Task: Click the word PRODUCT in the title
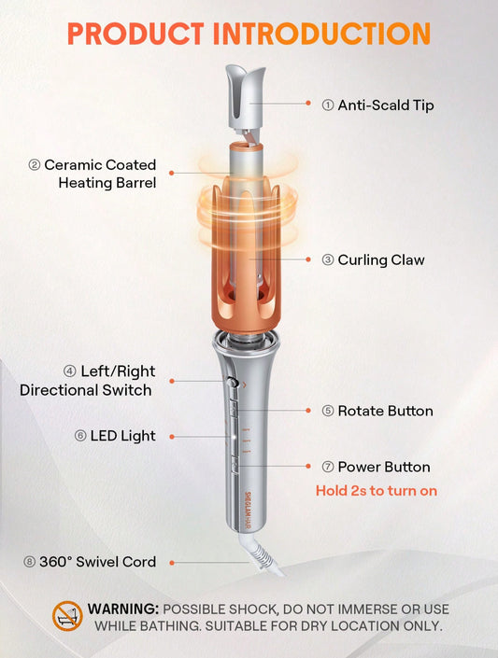click(x=135, y=34)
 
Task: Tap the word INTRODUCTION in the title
click(x=321, y=34)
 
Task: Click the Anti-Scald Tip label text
click(x=386, y=105)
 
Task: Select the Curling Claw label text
click(x=381, y=259)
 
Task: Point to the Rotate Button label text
click(x=385, y=411)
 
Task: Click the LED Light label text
click(x=122, y=436)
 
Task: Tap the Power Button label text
click(x=384, y=467)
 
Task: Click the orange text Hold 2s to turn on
click(x=377, y=491)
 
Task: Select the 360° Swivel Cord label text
click(x=97, y=562)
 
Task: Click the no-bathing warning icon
click(x=67, y=616)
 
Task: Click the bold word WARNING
click(x=122, y=609)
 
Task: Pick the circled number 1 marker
click(x=328, y=105)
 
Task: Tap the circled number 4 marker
click(x=70, y=371)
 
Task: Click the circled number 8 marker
click(x=29, y=562)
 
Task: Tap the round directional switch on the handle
click(x=231, y=382)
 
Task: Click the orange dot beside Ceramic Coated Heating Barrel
click(x=172, y=173)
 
